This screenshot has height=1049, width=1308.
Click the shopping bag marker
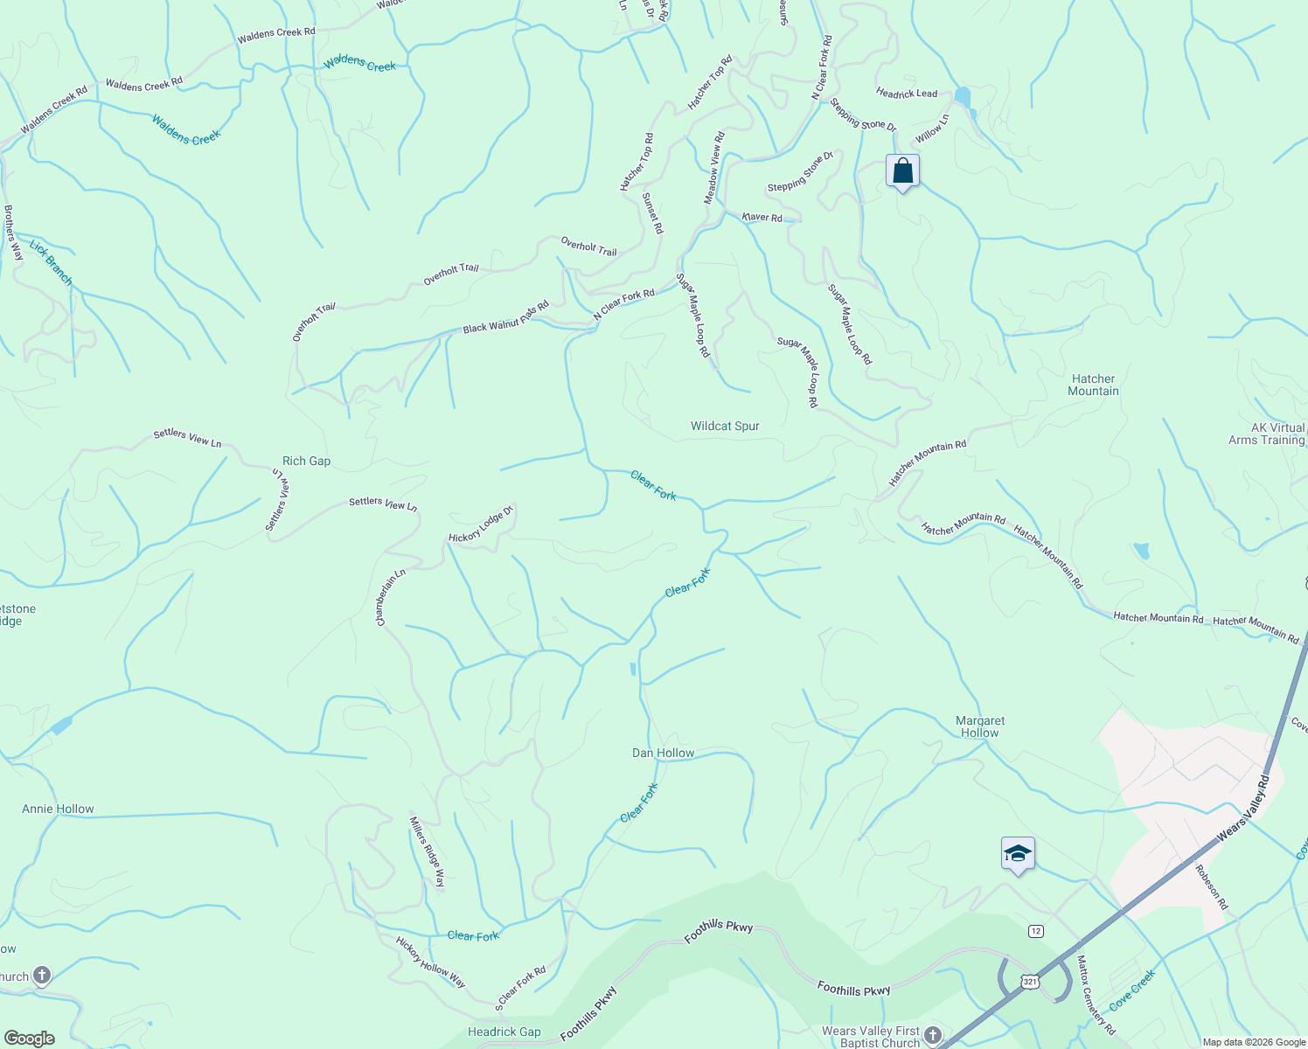902,171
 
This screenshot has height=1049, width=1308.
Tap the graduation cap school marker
1018,854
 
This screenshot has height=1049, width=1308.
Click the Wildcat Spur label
725,427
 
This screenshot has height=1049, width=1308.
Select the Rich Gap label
306,462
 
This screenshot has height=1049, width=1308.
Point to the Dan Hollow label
663,754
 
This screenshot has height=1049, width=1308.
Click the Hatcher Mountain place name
1093,385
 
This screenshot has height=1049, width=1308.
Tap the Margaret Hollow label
980,726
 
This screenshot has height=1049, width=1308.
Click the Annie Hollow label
58,809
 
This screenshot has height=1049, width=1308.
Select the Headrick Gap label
504,1032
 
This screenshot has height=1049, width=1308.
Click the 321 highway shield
1031,983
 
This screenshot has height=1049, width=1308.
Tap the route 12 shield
1036,931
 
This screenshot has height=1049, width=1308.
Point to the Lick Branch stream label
51,262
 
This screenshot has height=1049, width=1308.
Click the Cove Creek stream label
1132,990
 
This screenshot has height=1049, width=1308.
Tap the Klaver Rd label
762,217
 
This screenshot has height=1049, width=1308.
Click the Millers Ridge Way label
428,852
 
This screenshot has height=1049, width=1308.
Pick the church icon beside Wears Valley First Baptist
933,1036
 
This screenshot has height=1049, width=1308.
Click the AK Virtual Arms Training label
1277,434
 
